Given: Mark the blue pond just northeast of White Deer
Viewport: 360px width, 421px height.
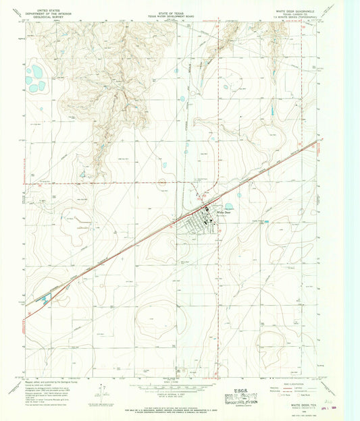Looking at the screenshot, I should (x=229, y=206).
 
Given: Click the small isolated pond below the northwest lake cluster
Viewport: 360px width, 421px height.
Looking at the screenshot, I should (x=41, y=109).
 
